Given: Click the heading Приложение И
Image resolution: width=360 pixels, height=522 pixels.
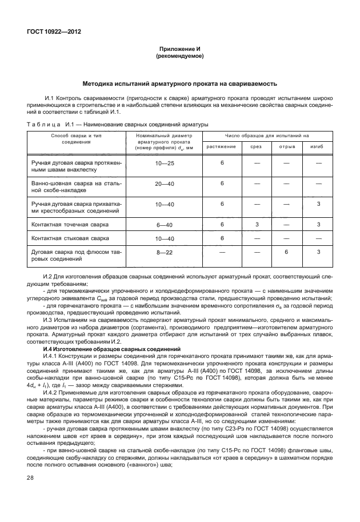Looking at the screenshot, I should (180, 50).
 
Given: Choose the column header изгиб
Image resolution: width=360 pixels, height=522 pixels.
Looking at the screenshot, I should (318, 147).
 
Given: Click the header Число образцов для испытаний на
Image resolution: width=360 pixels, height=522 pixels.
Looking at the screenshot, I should (266, 136).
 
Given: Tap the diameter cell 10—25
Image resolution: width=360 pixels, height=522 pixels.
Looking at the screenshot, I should (165, 164).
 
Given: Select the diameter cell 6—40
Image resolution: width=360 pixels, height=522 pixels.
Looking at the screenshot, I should (165, 224).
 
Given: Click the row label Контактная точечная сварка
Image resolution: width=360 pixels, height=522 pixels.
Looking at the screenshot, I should (67, 224).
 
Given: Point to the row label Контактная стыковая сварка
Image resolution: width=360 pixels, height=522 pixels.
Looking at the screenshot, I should (69, 237).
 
